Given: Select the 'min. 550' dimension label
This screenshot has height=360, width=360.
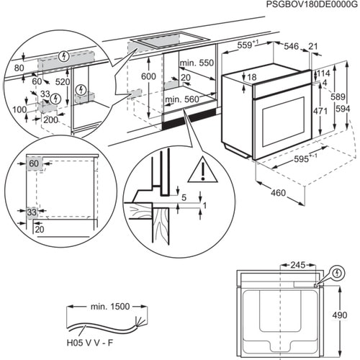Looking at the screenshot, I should coord(196,63).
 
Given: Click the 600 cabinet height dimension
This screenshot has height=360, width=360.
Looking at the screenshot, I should coord(148,77).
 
